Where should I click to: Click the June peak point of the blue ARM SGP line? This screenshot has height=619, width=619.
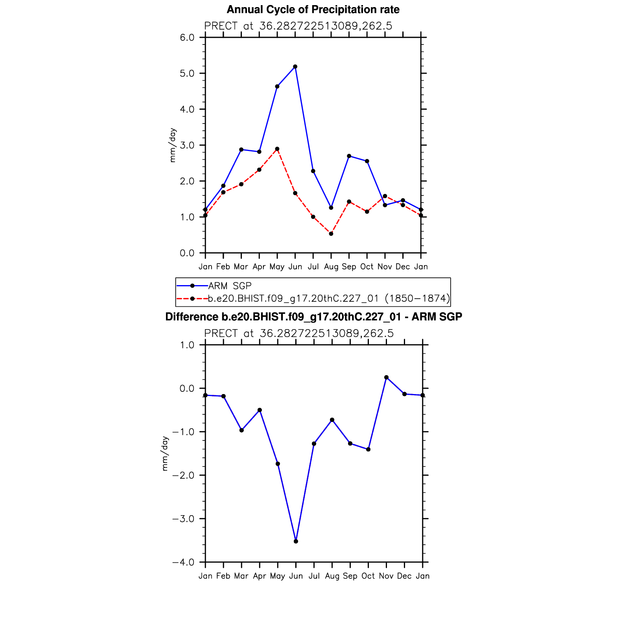[x=295, y=67]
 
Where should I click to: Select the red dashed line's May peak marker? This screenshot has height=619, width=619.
[x=277, y=149]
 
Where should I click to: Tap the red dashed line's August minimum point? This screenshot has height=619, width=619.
[x=331, y=234]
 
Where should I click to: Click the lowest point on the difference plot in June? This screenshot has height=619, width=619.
[x=296, y=542]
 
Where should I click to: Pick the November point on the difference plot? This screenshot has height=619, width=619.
[x=386, y=378]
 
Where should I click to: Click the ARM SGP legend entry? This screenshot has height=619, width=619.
[x=230, y=286]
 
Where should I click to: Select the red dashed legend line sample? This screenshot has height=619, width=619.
[x=192, y=298]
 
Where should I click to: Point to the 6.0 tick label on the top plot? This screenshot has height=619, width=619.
[x=187, y=38]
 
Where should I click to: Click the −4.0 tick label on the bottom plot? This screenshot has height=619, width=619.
[x=183, y=562]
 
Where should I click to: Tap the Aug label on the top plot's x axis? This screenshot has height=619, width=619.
[x=331, y=267]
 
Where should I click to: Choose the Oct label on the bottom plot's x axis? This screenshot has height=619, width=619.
[x=368, y=576]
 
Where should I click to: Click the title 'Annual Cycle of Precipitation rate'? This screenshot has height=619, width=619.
[x=313, y=10]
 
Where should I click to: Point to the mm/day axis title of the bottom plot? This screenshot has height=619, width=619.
[x=165, y=453]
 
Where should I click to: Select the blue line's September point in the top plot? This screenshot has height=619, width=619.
[x=349, y=156]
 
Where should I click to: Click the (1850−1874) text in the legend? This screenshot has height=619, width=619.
[x=417, y=298]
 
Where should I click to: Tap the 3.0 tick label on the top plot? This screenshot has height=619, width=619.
[x=187, y=146]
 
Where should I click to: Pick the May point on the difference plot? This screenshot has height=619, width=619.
[x=278, y=464]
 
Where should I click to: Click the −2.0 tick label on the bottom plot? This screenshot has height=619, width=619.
[x=183, y=475]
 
